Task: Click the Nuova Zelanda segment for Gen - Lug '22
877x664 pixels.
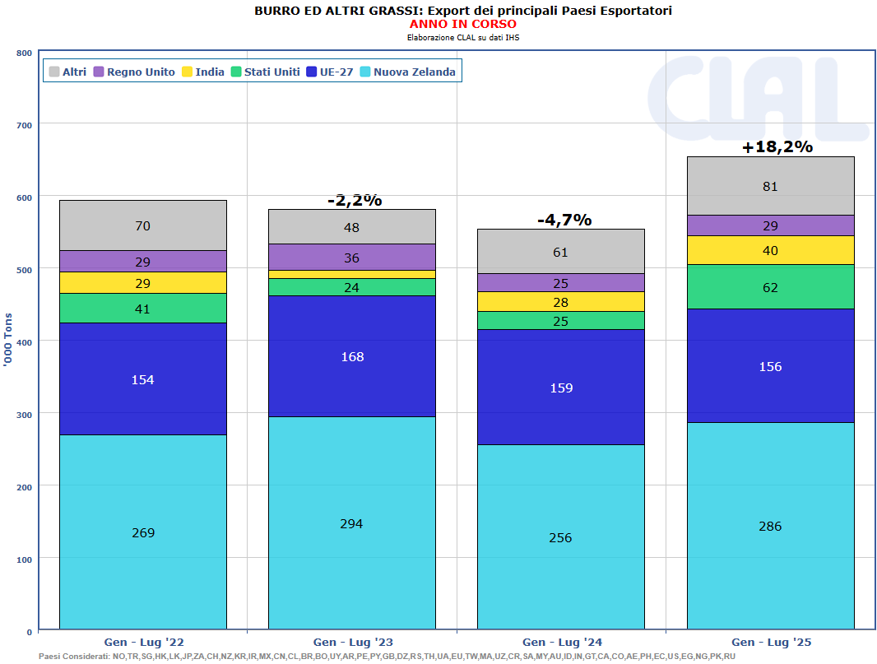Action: [x=142, y=532]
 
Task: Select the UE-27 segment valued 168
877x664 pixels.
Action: [x=351, y=356]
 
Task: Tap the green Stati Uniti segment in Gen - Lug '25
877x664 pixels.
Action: [x=770, y=287]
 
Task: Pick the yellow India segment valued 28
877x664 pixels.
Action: [x=560, y=302]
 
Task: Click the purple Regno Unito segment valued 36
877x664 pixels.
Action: [x=351, y=258]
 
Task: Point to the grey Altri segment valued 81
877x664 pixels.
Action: [x=770, y=186]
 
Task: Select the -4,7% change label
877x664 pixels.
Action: [x=564, y=220]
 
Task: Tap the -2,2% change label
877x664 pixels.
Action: [x=354, y=200]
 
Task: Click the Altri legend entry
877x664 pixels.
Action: [x=67, y=72]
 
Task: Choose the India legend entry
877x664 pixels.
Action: [x=202, y=72]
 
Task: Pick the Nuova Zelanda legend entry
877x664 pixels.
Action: [x=407, y=72]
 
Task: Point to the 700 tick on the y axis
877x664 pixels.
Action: [x=24, y=125]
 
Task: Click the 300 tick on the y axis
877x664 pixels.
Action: [x=24, y=414]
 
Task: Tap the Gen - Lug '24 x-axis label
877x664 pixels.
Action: [x=561, y=642]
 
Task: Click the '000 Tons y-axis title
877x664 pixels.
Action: [x=9, y=350]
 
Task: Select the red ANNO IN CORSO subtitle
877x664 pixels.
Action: [x=462, y=24]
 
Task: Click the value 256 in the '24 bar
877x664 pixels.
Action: [x=560, y=537]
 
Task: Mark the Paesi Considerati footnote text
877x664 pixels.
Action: [x=387, y=656]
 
